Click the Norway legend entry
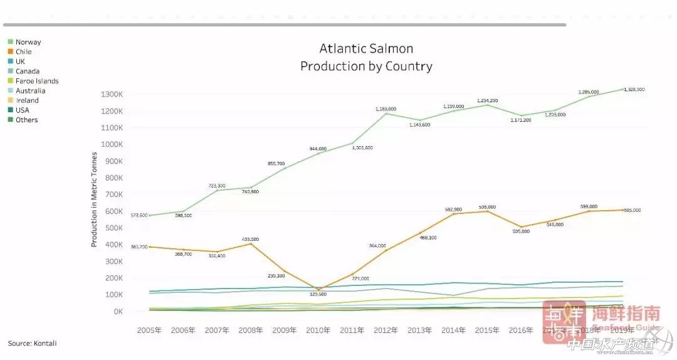click(x=28, y=42)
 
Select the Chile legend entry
click(x=23, y=51)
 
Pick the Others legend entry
click(x=26, y=120)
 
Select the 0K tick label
click(x=117, y=311)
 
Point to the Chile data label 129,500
click(x=318, y=294)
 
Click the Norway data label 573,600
click(x=139, y=215)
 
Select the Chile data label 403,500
click(x=249, y=240)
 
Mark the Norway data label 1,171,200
click(x=520, y=119)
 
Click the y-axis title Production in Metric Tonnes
click(x=94, y=199)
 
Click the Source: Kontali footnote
click(x=36, y=343)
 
